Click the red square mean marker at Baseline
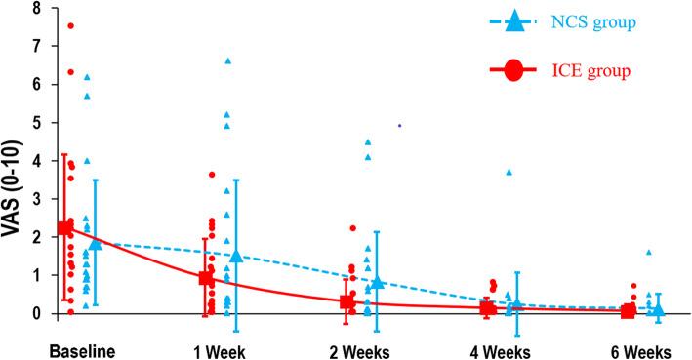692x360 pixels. pyautogui.click(x=65, y=228)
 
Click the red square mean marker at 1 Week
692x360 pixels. pyautogui.click(x=206, y=278)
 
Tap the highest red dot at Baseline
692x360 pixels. pyautogui.click(x=71, y=26)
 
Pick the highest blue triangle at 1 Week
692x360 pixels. pyautogui.click(x=227, y=60)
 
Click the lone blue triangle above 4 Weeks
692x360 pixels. pyautogui.click(x=509, y=172)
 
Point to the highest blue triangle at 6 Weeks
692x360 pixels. pyautogui.click(x=648, y=252)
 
